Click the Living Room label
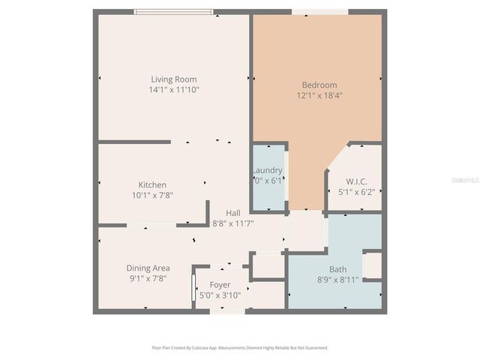173,79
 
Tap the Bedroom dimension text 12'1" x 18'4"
319,95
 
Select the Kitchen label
152,184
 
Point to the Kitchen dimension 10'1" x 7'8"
152,195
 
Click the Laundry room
268,177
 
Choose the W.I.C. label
355,181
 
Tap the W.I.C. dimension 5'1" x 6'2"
355,192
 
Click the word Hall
234,212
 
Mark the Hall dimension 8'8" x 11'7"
234,223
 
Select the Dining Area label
147,268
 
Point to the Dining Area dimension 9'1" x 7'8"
147,278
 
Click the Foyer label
220,284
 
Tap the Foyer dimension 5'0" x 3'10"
220,295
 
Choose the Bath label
337,269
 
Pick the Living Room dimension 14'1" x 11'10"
173,90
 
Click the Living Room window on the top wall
173,12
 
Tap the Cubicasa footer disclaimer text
240,348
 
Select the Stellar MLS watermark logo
464,181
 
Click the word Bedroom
319,85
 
